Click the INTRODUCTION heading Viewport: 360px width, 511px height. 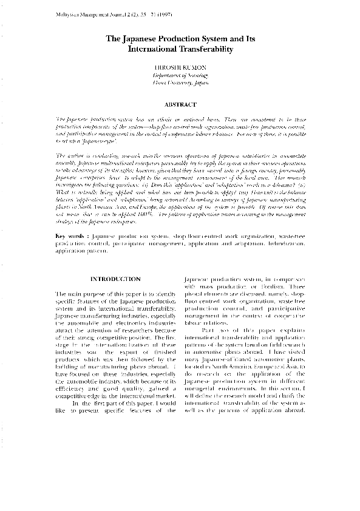pos(115,279)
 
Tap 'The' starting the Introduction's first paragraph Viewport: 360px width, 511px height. pos(61,294)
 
